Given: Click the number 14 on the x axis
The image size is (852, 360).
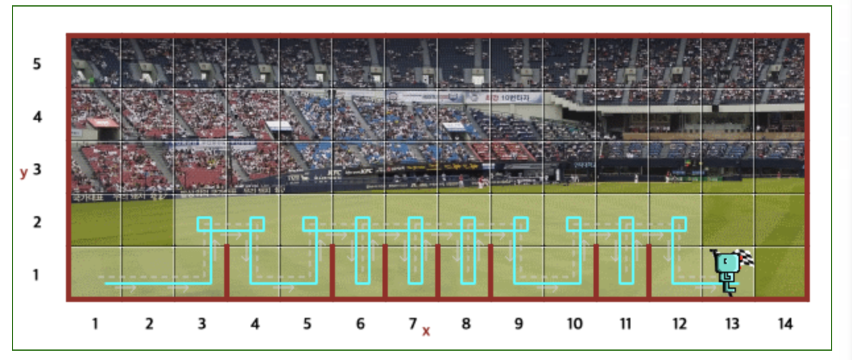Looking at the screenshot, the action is point(784,324).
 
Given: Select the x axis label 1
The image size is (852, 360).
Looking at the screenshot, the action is point(96,324).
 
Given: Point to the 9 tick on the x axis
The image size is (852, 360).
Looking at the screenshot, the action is point(518,324).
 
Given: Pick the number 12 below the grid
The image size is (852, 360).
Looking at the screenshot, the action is point(679,324).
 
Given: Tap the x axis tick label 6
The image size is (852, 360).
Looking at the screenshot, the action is point(360,324).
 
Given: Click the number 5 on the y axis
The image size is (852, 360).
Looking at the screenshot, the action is point(37,64).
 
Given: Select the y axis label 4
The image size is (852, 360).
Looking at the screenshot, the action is point(37,117).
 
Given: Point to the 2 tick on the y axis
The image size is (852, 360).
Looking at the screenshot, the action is point(37,222).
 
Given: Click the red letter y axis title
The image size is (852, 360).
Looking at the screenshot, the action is point(24,172).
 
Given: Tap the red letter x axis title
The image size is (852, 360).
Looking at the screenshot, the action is point(426,331).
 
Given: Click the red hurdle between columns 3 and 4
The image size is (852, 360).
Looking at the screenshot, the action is point(227,272).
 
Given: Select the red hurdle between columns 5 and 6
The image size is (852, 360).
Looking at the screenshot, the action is point(332,272).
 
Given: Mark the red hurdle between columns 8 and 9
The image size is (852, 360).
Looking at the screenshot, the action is point(491,272).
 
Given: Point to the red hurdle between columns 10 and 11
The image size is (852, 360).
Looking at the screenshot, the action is point(596,272).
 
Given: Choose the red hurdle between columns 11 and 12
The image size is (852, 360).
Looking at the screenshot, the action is point(649,272).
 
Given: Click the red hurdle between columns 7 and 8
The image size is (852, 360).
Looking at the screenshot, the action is point(438,272).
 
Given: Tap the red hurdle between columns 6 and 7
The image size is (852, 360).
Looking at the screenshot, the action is point(385,272).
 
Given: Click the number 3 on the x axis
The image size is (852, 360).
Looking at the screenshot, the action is point(202,324).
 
